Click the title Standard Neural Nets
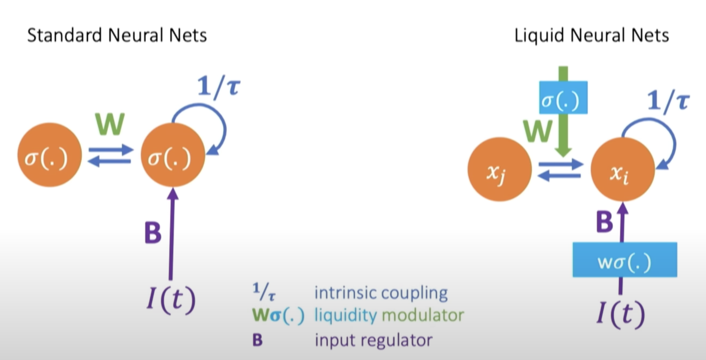pos(117,36)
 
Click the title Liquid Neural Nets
pos(591,36)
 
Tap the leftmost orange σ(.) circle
pos(50,155)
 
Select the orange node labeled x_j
pos(500,169)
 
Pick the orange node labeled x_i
pos(623,169)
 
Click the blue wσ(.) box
pos(625,260)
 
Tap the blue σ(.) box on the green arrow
pos(563,98)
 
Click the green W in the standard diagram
pos(110,124)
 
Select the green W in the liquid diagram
pos(538,131)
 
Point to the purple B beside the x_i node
pos(604,221)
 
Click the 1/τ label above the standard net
pos(219,87)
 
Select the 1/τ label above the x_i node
pos(668,101)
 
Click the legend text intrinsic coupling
pos(381,293)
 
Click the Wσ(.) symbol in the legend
pos(278,316)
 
